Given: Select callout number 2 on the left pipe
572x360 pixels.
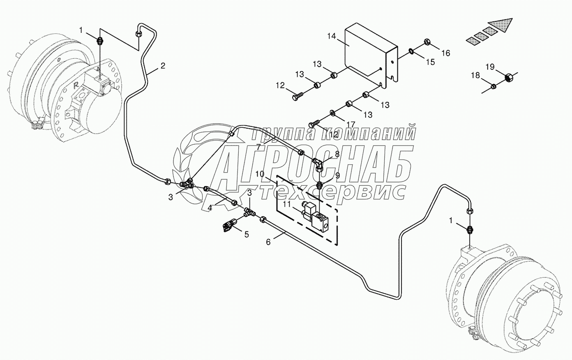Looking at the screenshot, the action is (163, 65).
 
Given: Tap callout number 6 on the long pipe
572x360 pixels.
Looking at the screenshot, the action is (268, 242).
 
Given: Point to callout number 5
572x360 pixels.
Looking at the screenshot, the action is (247, 234).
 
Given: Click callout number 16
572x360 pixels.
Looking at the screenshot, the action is (446, 53).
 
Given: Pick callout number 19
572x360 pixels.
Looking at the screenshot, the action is (490, 66).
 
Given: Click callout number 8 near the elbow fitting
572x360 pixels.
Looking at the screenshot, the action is (337, 154).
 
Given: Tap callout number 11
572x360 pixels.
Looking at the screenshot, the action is (286, 203).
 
